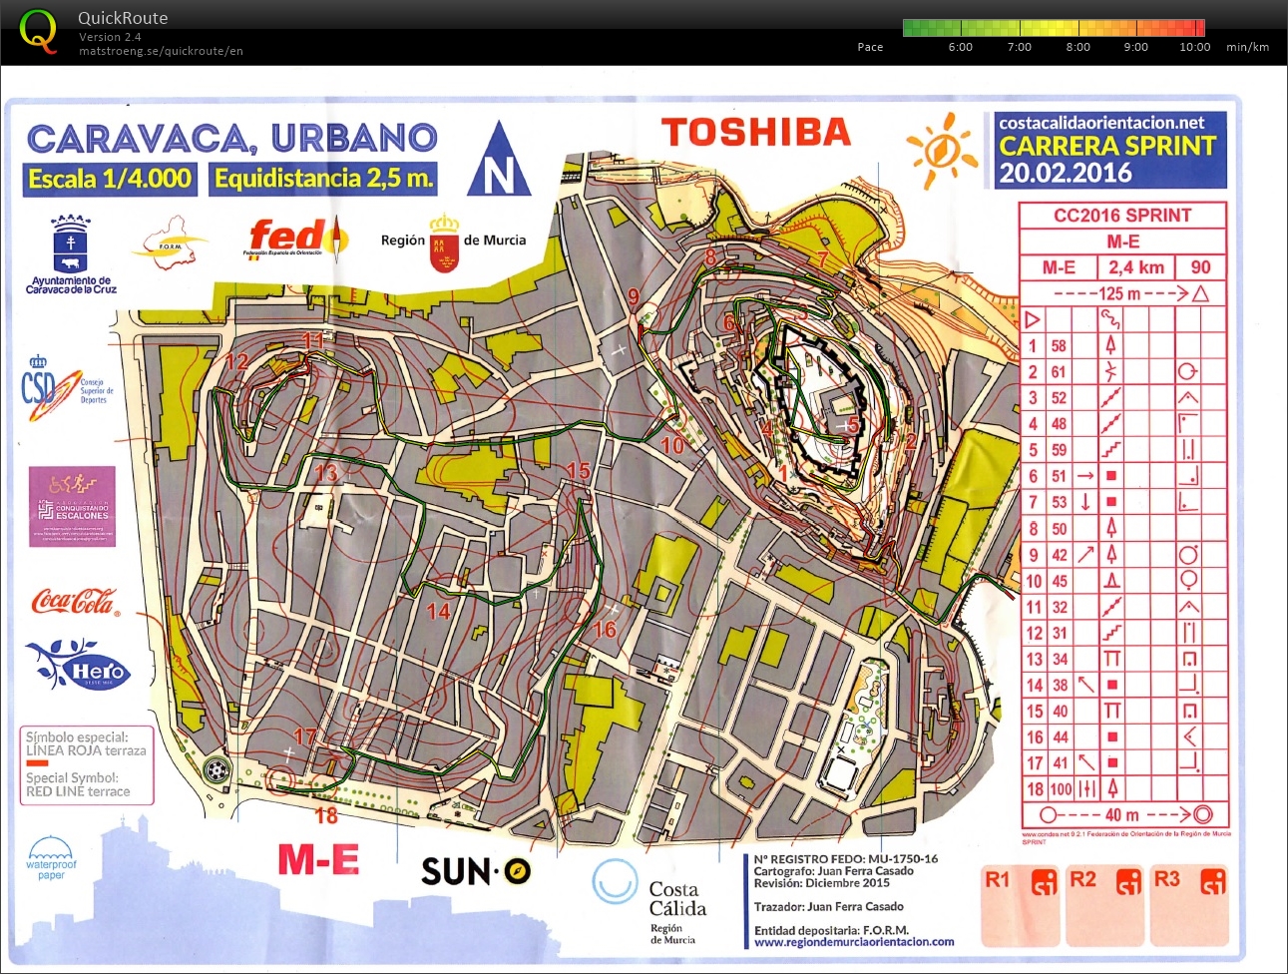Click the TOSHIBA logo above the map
tap(755, 133)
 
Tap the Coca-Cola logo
tap(75, 602)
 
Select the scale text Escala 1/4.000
tap(109, 180)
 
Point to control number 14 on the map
tap(438, 611)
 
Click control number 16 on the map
tap(605, 630)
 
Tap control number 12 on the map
tap(236, 361)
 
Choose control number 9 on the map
tap(634, 296)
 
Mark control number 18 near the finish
tap(326, 815)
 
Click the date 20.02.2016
tap(1066, 174)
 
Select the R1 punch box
tap(1021, 908)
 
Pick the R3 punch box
tap(1190, 908)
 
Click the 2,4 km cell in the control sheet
tap(1135, 267)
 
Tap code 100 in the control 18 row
tap(1060, 789)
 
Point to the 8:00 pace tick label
tap(1077, 47)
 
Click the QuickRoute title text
tap(123, 18)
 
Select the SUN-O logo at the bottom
tap(475, 871)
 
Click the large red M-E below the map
tap(318, 859)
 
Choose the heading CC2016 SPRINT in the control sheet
tap(1122, 216)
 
